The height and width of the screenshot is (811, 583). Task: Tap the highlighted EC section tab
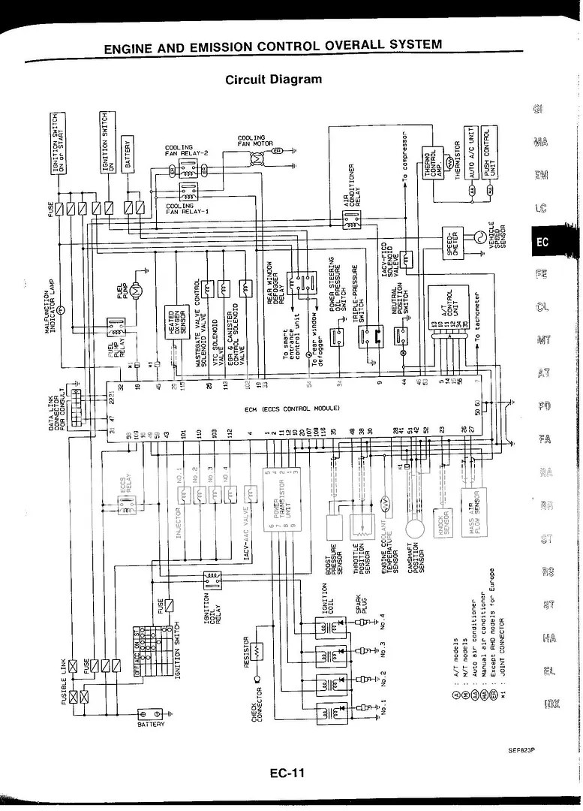pyautogui.click(x=542, y=242)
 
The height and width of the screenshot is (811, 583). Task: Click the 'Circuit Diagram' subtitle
pyautogui.click(x=273, y=79)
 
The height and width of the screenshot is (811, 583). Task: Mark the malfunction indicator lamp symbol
pyautogui.click(x=63, y=308)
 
